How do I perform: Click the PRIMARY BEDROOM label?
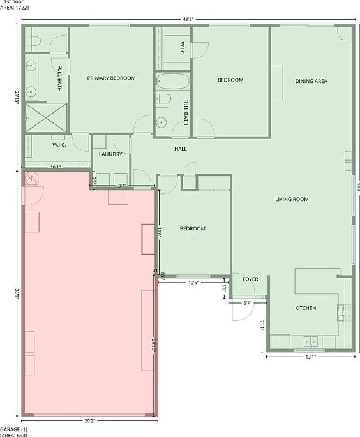[112, 78]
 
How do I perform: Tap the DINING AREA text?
[311, 81]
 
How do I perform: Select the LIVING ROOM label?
[292, 200]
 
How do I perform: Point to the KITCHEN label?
[305, 309]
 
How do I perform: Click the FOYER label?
[250, 279]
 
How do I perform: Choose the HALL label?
[181, 149]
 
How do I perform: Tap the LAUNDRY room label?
[111, 154]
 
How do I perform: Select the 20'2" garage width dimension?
[90, 420]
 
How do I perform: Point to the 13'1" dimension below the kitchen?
[310, 357]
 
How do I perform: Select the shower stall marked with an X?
[38, 117]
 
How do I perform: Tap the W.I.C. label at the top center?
[182, 48]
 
